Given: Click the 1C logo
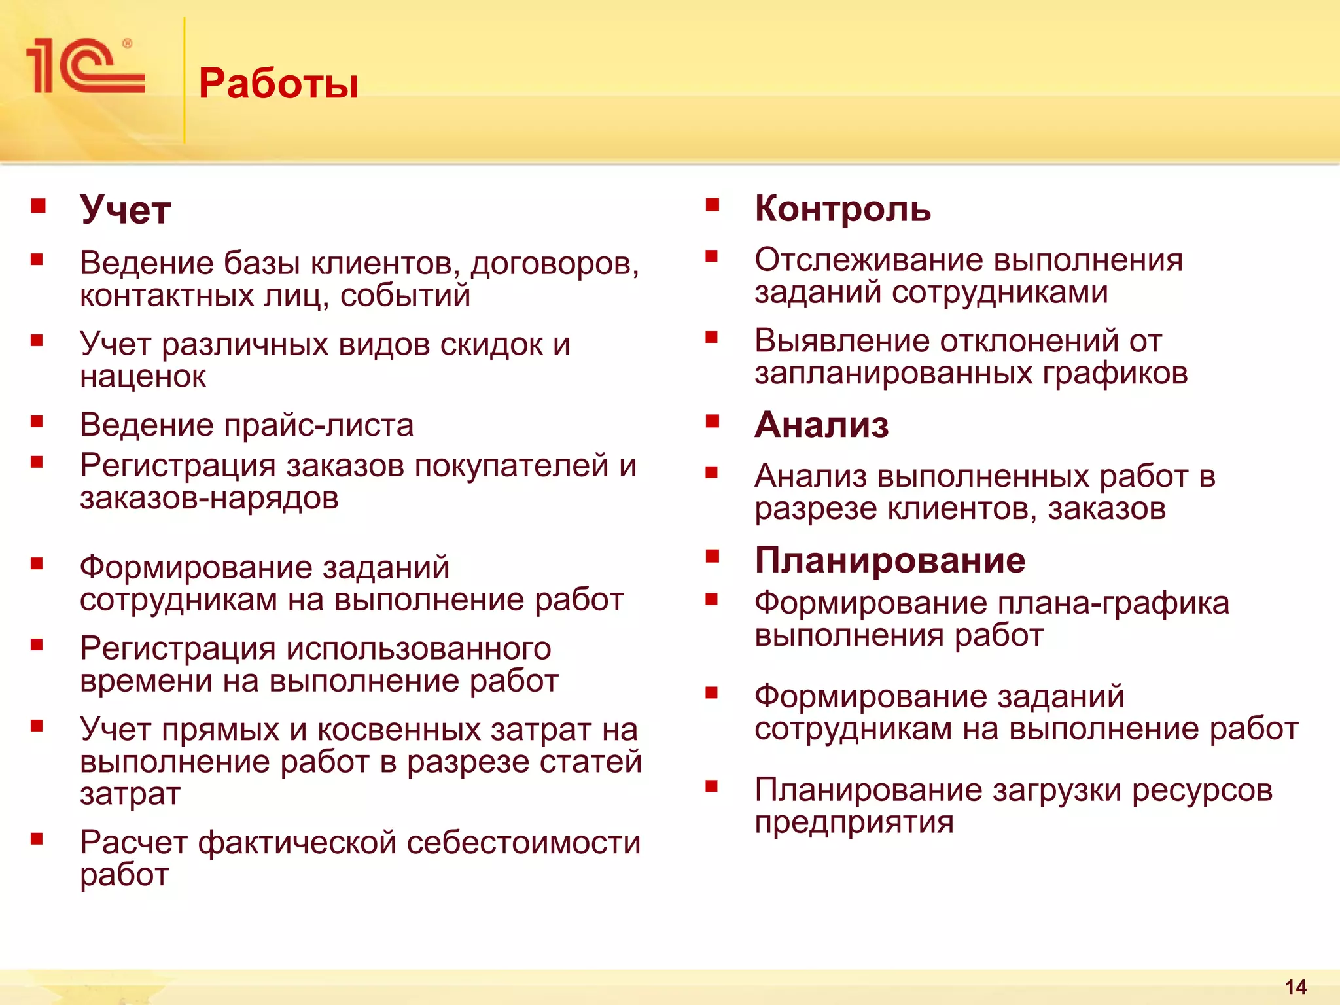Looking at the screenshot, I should coord(85,66).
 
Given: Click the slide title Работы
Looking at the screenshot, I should coord(279,84).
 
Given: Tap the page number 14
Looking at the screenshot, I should coord(1296,987).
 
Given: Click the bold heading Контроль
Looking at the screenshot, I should coord(843,209).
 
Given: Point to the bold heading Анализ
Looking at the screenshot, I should coord(822,425).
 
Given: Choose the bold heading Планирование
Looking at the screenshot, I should coord(890,560).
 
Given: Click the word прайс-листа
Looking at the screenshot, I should coord(319,425).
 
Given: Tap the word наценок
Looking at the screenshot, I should coord(143,376).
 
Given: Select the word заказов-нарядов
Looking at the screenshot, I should coord(209,499).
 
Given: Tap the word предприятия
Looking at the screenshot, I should coord(854,822).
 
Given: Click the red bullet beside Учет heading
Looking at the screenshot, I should coord(38,207).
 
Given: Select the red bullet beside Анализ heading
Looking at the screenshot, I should coord(713,421).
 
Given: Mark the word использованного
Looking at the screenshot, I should coord(419,649).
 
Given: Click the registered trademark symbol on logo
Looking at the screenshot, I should coord(127,44).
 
